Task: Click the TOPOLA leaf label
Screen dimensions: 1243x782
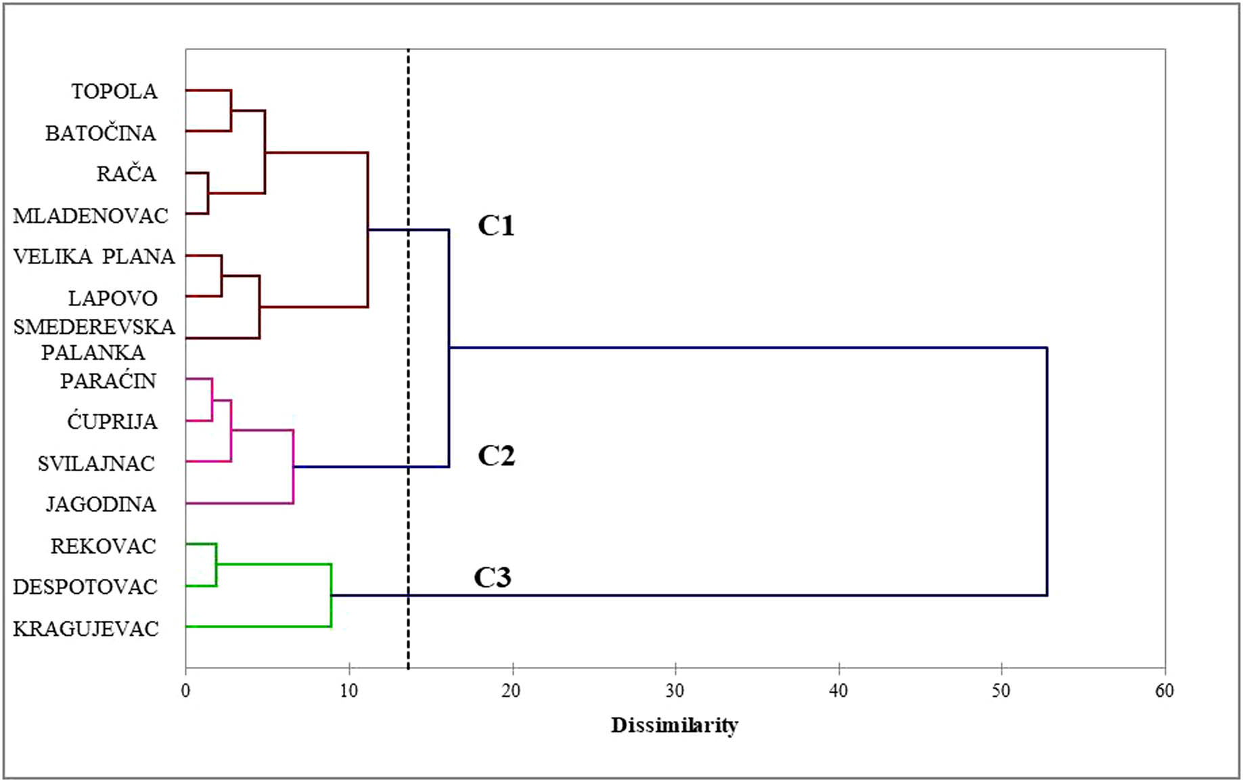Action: tap(114, 91)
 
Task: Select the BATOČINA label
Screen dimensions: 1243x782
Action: tap(101, 133)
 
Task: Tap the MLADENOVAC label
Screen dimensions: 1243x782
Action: tap(91, 216)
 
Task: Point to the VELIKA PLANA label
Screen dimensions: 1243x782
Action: tap(94, 257)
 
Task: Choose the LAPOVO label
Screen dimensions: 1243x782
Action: tap(113, 299)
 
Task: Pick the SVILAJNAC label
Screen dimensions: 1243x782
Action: tap(96, 464)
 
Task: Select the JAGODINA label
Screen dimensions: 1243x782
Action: tap(101, 504)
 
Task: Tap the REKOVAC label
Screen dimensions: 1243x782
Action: tap(104, 546)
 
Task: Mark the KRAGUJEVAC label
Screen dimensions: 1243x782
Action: tap(86, 629)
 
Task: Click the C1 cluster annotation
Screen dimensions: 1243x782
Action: tap(496, 226)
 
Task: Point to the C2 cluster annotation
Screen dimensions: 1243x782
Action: tap(496, 456)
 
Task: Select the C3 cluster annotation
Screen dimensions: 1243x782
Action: tap(492, 578)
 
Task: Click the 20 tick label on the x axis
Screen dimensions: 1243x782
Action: tap(512, 691)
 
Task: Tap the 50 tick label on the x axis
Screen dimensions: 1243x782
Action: tap(1001, 691)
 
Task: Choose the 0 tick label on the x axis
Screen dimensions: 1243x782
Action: tap(185, 691)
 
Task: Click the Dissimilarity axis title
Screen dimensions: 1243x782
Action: tap(675, 726)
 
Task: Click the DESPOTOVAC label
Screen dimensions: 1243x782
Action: tap(85, 587)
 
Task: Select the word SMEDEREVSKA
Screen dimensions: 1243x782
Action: tap(94, 327)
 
